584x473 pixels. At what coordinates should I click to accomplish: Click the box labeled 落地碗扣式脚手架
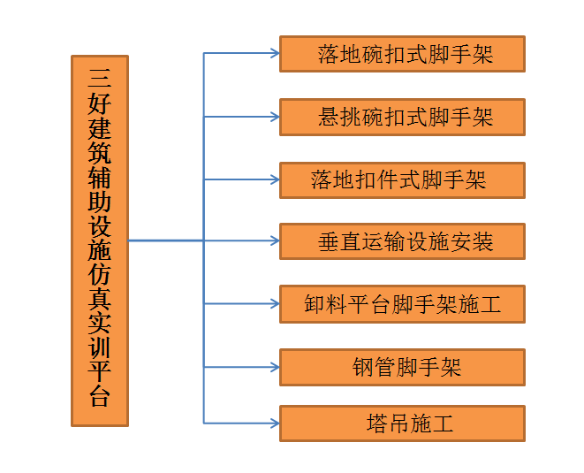pyautogui.click(x=402, y=54)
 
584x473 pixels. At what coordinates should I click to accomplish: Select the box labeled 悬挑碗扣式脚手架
pyautogui.click(x=402, y=117)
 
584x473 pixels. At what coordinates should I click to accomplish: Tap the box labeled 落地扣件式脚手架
pyautogui.click(x=402, y=180)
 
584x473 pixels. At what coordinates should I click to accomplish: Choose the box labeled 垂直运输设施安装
pyautogui.click(x=402, y=241)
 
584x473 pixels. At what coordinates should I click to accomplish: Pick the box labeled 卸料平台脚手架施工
pyautogui.click(x=402, y=304)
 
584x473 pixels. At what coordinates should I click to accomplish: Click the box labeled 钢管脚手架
pyautogui.click(x=402, y=367)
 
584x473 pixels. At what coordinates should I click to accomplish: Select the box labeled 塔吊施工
pyautogui.click(x=402, y=423)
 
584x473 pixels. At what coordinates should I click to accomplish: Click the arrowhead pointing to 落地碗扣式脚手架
pyautogui.click(x=275, y=54)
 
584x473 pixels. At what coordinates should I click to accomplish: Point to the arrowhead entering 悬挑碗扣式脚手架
pyautogui.click(x=275, y=117)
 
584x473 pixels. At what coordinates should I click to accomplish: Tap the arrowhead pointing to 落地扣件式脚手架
pyautogui.click(x=275, y=180)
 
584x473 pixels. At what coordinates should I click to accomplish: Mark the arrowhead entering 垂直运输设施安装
pyautogui.click(x=275, y=240)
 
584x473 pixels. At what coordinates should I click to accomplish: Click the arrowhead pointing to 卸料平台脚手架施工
pyautogui.click(x=275, y=304)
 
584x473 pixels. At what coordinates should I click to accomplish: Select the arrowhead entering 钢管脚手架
pyautogui.click(x=275, y=367)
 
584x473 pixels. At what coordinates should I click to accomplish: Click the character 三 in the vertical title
pyautogui.click(x=100, y=74)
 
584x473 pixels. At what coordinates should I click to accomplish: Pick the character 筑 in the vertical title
pyautogui.click(x=100, y=149)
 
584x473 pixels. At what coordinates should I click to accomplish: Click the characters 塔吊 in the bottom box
pyautogui.click(x=388, y=423)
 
